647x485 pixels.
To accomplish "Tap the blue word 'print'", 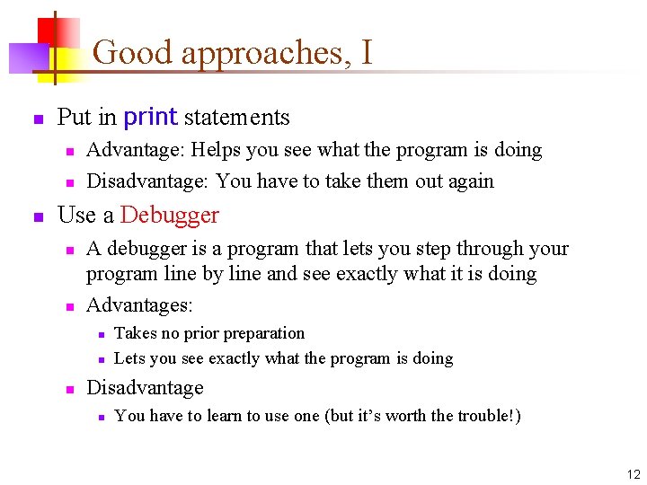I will (x=150, y=118).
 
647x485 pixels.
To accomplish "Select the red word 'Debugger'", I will (x=169, y=216).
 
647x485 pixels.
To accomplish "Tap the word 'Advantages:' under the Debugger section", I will (x=139, y=305).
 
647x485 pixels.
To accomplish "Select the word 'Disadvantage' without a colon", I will (x=145, y=388).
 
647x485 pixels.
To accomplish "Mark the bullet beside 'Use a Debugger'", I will (x=38, y=217).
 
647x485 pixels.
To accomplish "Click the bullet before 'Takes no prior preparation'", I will (x=102, y=334).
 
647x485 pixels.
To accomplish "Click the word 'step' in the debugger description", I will (x=430, y=249).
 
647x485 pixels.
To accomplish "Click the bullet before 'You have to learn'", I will (x=102, y=417).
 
